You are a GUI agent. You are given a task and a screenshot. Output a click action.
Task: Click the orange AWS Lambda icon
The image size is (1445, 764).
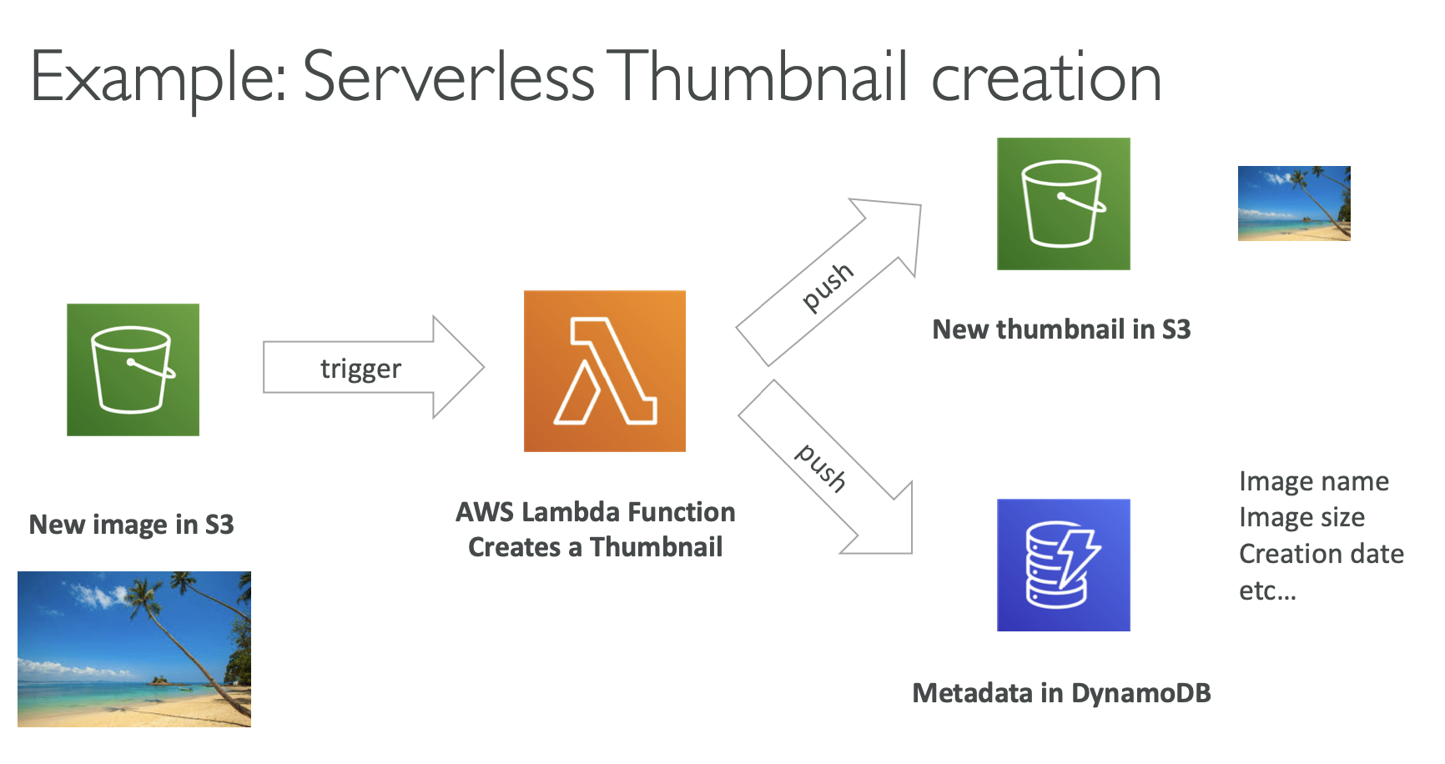(x=604, y=371)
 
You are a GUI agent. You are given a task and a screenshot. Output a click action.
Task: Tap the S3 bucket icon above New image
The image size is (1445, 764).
(x=133, y=369)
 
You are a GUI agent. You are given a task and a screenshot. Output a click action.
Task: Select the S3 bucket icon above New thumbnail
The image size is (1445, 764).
(x=1063, y=204)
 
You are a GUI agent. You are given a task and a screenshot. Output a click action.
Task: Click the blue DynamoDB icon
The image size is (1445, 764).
(x=1063, y=565)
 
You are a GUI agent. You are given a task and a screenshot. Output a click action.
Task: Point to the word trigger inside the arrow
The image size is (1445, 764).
(x=360, y=368)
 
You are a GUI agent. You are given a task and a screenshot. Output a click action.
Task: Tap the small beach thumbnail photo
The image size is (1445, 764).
(x=1293, y=203)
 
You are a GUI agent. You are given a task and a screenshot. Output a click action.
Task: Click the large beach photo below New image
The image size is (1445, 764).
(x=133, y=649)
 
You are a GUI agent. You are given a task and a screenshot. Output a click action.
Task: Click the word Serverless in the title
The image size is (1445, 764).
(x=448, y=77)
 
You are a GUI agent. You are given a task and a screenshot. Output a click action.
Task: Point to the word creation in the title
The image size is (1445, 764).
(x=1045, y=77)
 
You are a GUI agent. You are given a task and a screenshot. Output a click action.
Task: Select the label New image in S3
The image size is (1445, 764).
(x=131, y=524)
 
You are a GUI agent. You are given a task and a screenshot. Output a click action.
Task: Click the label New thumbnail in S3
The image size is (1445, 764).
(x=1060, y=329)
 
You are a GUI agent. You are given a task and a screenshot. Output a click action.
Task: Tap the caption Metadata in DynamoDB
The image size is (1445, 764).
(x=1060, y=692)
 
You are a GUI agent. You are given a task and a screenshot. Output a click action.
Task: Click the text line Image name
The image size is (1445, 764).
(x=1313, y=481)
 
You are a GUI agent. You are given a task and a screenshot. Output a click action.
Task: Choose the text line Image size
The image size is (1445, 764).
(x=1302, y=517)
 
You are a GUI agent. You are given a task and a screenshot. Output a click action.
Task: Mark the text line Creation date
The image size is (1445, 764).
(x=1321, y=554)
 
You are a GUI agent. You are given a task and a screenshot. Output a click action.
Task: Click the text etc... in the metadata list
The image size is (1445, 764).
(x=1266, y=591)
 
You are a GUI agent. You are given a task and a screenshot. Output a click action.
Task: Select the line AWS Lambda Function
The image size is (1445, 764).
(x=595, y=511)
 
